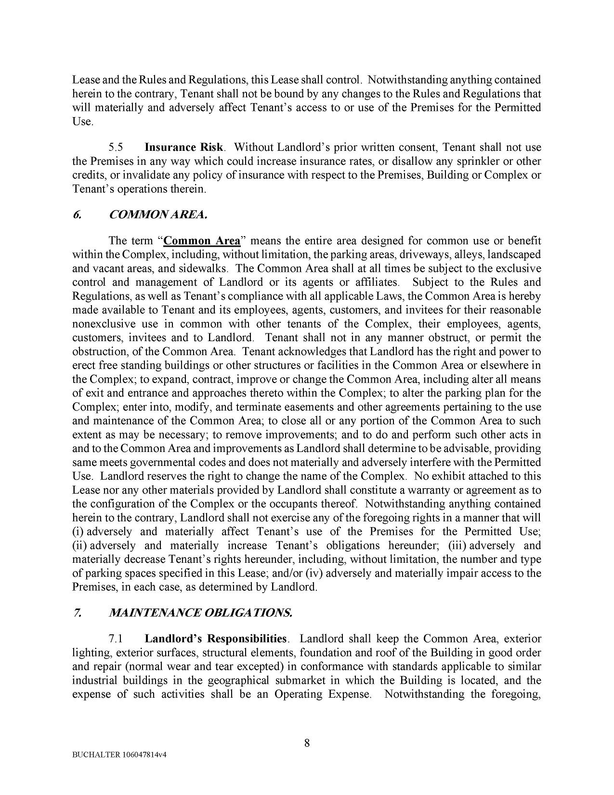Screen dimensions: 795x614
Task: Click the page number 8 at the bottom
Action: [307, 742]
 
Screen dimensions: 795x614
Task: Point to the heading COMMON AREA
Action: [158, 214]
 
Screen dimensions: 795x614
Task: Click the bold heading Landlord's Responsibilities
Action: [216, 639]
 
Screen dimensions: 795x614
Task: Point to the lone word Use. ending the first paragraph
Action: [82, 121]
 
